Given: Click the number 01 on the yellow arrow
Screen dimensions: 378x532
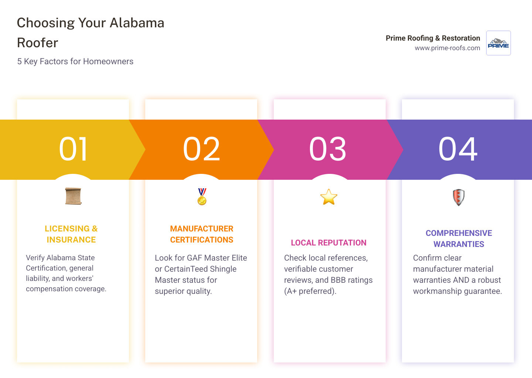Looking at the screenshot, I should click(x=74, y=149).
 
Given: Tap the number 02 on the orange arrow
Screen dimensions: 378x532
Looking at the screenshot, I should click(x=201, y=149).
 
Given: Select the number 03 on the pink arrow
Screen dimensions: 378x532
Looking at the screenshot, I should click(x=328, y=149).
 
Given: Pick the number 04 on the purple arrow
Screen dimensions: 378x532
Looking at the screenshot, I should click(x=458, y=149).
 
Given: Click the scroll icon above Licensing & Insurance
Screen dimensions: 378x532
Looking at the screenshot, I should click(x=73, y=196).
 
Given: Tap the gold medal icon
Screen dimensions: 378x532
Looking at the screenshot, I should click(x=202, y=197).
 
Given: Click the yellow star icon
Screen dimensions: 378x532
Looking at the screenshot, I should click(x=329, y=197).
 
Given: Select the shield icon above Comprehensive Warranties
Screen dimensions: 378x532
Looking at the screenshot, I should click(x=458, y=197).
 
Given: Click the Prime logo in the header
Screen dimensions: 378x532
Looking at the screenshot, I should click(x=498, y=43).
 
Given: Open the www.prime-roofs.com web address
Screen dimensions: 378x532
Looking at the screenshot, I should click(x=447, y=48).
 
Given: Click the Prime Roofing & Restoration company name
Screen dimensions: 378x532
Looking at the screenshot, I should click(x=433, y=38).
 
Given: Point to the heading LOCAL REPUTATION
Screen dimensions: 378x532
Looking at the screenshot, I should click(x=328, y=243).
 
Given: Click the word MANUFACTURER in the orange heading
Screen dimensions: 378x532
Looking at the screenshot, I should click(x=202, y=228).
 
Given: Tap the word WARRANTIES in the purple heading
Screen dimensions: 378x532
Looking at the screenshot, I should click(x=458, y=244).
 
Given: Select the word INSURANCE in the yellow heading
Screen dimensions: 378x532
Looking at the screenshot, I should click(x=71, y=240).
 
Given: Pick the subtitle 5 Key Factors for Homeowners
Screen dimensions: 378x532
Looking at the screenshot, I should click(x=75, y=61).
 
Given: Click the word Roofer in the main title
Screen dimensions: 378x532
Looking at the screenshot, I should click(x=38, y=43).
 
